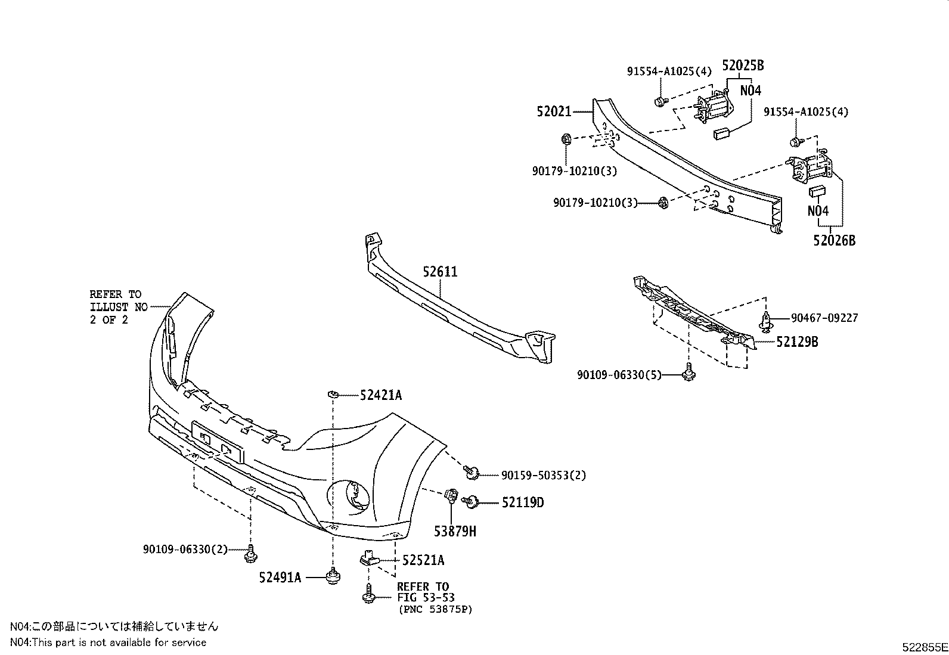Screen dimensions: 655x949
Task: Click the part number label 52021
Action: click(554, 111)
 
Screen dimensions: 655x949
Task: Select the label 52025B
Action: click(743, 66)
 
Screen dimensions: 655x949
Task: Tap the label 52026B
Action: click(834, 240)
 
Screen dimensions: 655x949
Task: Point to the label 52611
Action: click(441, 272)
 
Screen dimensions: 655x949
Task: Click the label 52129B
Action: click(797, 342)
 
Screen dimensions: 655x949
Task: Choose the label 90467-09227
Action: click(824, 318)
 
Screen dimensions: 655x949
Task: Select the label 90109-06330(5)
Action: click(619, 375)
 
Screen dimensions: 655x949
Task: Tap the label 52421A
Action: click(380, 395)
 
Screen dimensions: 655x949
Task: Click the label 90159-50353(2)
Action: click(543, 475)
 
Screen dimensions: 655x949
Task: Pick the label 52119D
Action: click(522, 502)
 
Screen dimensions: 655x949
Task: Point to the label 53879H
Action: click(455, 531)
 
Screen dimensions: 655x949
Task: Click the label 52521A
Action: click(423, 560)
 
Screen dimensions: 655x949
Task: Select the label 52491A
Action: click(280, 577)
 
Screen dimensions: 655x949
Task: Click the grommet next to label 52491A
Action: click(332, 577)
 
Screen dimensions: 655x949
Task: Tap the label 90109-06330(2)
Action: click(185, 549)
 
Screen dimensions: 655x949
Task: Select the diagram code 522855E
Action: click(924, 646)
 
